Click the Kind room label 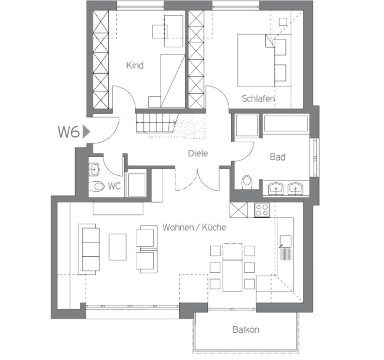coord(135,66)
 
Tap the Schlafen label coord(258,99)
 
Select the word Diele coord(198,153)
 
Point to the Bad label coord(278,157)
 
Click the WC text coord(114,186)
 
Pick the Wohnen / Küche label coord(194,227)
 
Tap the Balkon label coord(246,330)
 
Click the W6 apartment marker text coord(69,132)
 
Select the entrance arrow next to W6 coord(86,132)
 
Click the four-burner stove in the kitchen coord(262,210)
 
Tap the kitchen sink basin coord(285,241)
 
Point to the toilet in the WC coord(97,186)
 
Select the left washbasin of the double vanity coord(276,189)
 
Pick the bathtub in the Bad coord(285,123)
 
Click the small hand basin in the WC coord(94,169)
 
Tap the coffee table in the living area coord(118,247)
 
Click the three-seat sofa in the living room coord(89,249)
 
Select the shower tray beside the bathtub coord(246,125)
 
